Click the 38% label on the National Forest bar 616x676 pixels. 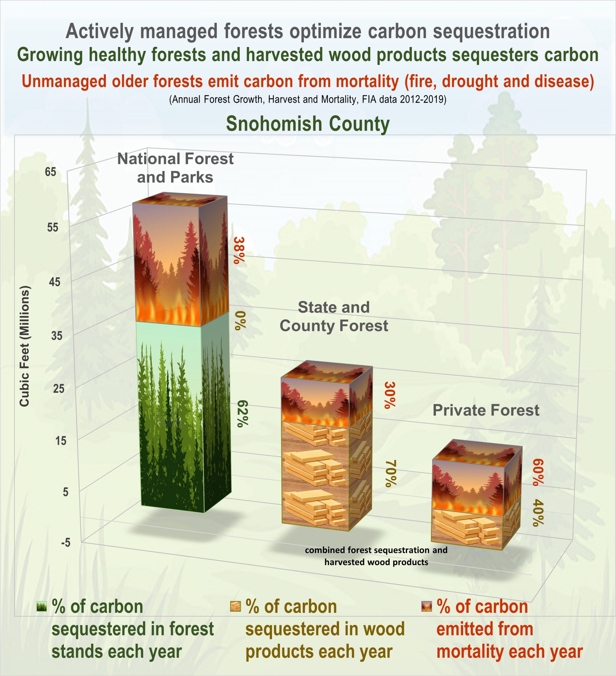tap(239, 251)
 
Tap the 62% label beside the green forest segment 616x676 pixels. tap(242, 414)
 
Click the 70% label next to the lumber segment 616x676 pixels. tap(391, 473)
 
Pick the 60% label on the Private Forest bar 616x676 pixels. tap(538, 472)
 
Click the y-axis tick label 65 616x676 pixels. tap(51, 172)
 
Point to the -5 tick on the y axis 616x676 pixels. tap(66, 543)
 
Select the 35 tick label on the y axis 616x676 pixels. tap(57, 336)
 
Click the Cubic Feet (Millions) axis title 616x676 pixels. tap(25, 346)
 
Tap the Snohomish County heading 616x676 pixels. tap(308, 124)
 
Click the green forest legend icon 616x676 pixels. tap(41, 607)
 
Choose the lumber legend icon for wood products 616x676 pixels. tap(236, 607)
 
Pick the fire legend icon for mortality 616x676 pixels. tap(426, 607)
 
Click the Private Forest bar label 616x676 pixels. tap(486, 410)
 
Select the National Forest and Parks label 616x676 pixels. tap(175, 168)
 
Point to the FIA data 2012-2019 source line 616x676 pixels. tap(308, 100)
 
